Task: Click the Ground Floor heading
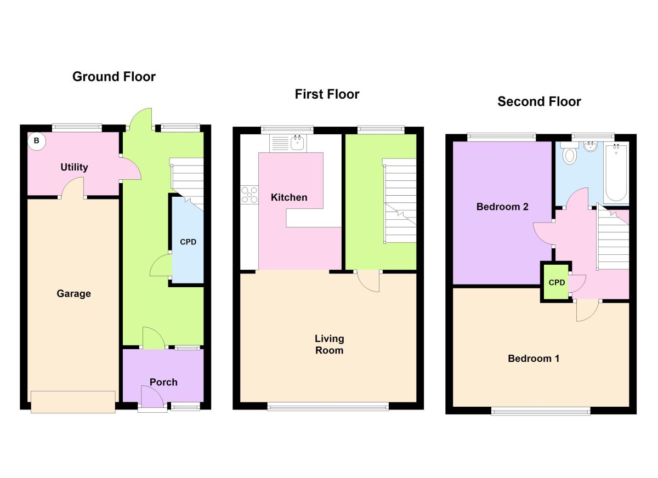[x=114, y=77]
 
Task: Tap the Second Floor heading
[x=539, y=101]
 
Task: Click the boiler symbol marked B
[x=37, y=141]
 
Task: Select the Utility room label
[x=74, y=167]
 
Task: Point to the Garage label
[x=73, y=294]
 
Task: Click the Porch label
[x=163, y=382]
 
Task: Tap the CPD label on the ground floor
[x=188, y=242]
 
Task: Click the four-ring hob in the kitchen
[x=249, y=195]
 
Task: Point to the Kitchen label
[x=289, y=197]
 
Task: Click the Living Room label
[x=329, y=344]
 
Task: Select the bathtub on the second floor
[x=617, y=173]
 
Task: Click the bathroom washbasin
[x=591, y=146]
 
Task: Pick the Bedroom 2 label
[x=502, y=207]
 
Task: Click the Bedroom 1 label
[x=534, y=358]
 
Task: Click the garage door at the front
[x=73, y=402]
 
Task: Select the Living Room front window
[x=328, y=406]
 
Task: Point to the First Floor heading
[x=327, y=94]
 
